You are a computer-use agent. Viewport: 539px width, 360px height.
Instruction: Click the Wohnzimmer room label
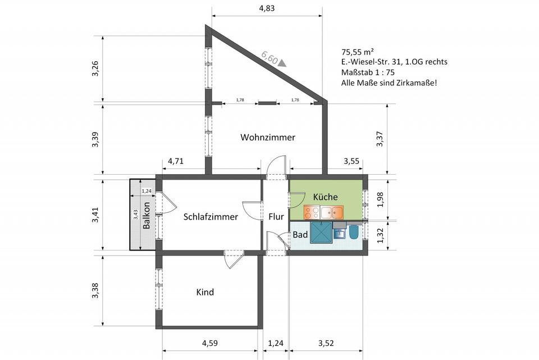(x=268, y=137)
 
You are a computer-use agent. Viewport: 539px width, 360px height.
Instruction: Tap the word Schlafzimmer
(x=211, y=217)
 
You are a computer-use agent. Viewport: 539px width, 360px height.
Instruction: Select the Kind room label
(x=205, y=292)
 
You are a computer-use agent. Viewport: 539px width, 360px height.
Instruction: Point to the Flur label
(x=276, y=217)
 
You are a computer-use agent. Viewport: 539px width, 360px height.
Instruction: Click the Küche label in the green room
(x=325, y=197)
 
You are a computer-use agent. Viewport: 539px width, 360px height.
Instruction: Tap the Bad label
(x=300, y=234)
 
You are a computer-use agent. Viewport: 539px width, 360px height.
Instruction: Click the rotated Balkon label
(x=146, y=215)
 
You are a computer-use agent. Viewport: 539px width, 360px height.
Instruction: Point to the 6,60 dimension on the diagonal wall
(x=270, y=57)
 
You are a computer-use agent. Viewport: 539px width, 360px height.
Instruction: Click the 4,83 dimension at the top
(x=267, y=9)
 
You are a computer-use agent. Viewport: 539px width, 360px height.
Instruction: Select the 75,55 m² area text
(x=357, y=51)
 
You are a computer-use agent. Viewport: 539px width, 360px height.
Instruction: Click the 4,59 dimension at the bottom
(x=210, y=343)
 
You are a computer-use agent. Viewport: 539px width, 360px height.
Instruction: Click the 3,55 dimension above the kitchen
(x=351, y=162)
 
